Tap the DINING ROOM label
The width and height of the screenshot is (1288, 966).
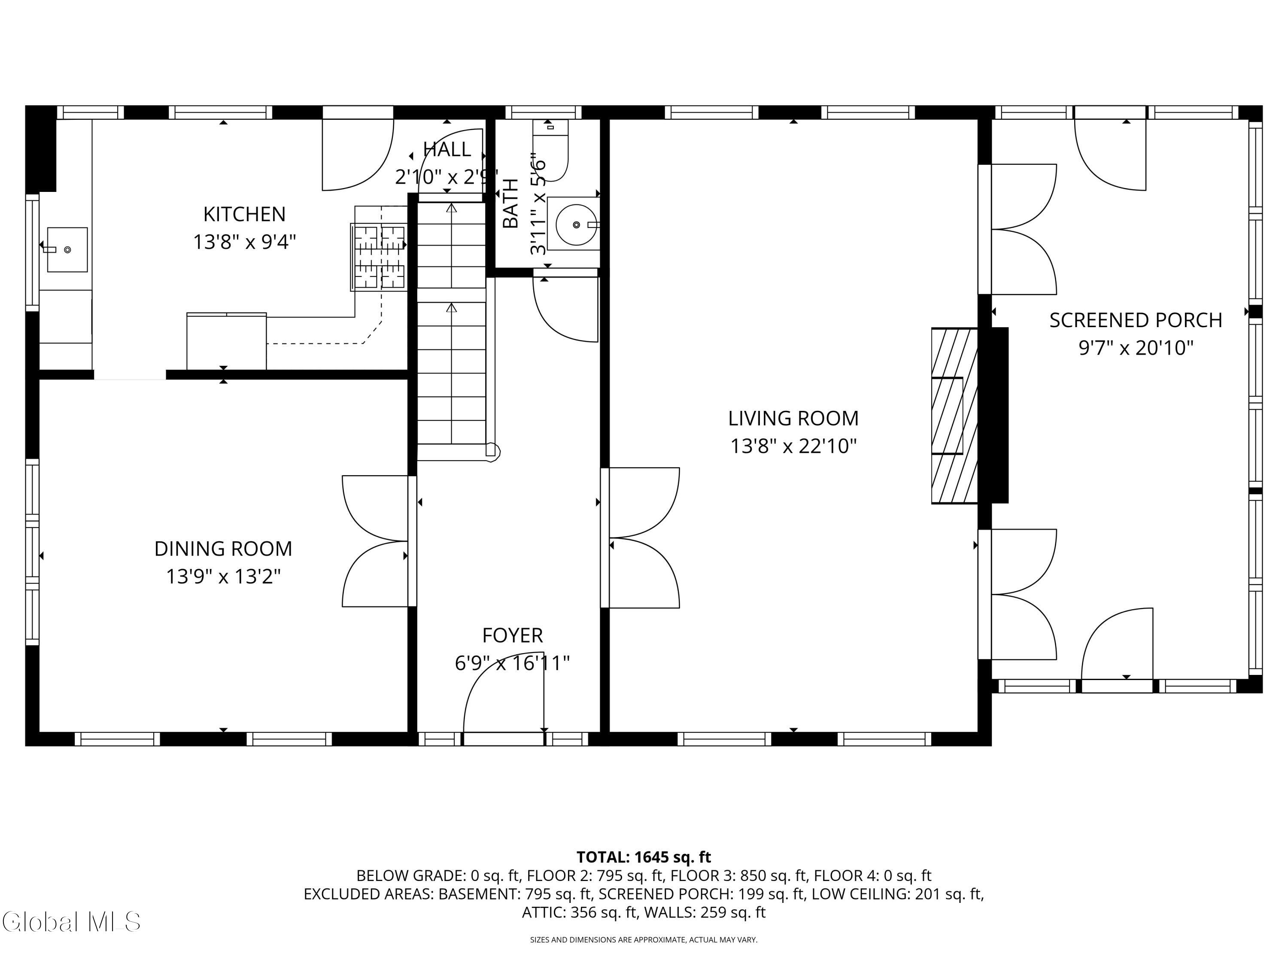click(223, 549)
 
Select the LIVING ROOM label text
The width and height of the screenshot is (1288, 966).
click(793, 418)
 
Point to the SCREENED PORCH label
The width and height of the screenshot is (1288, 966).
click(1136, 320)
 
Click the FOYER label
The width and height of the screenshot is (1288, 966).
click(512, 635)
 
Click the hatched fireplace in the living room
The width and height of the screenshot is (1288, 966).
click(954, 415)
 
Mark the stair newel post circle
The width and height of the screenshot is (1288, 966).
click(492, 451)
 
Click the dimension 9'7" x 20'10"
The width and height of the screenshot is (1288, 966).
click(1136, 348)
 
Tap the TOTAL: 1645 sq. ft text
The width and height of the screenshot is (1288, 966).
click(644, 857)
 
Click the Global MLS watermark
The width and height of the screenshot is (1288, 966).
click(71, 922)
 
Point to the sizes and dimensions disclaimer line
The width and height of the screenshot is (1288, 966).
click(644, 939)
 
